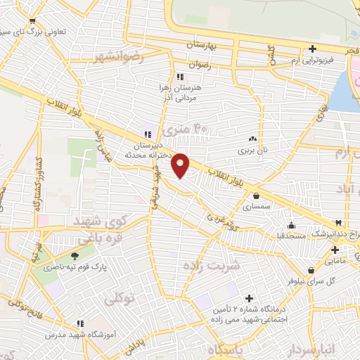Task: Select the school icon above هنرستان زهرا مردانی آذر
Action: [180, 77]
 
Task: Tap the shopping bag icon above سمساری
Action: [255, 196]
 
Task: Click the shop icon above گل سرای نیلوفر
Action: [310, 270]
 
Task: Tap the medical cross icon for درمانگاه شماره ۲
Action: [249, 299]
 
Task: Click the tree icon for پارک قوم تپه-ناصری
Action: [75, 256]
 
